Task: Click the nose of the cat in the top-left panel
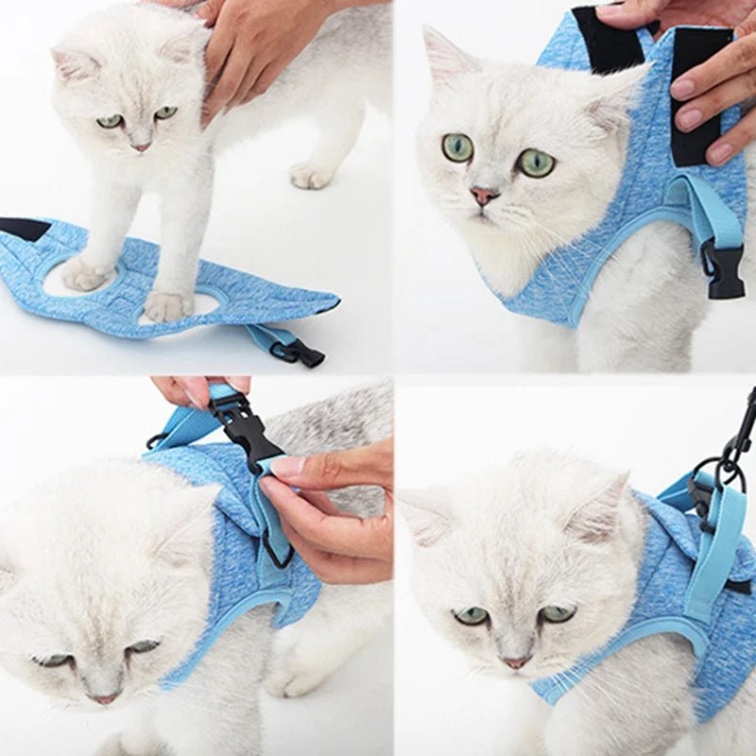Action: click(x=140, y=146)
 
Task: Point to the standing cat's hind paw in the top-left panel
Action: click(x=312, y=175)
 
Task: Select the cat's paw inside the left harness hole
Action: click(x=87, y=274)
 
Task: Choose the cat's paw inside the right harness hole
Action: click(x=168, y=304)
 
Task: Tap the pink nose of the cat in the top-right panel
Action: click(x=484, y=196)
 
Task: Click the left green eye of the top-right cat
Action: click(x=457, y=147)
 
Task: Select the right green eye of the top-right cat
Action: click(x=536, y=163)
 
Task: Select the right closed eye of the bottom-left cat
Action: click(x=142, y=647)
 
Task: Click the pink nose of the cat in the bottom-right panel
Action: click(x=516, y=662)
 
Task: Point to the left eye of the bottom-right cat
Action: click(x=470, y=615)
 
